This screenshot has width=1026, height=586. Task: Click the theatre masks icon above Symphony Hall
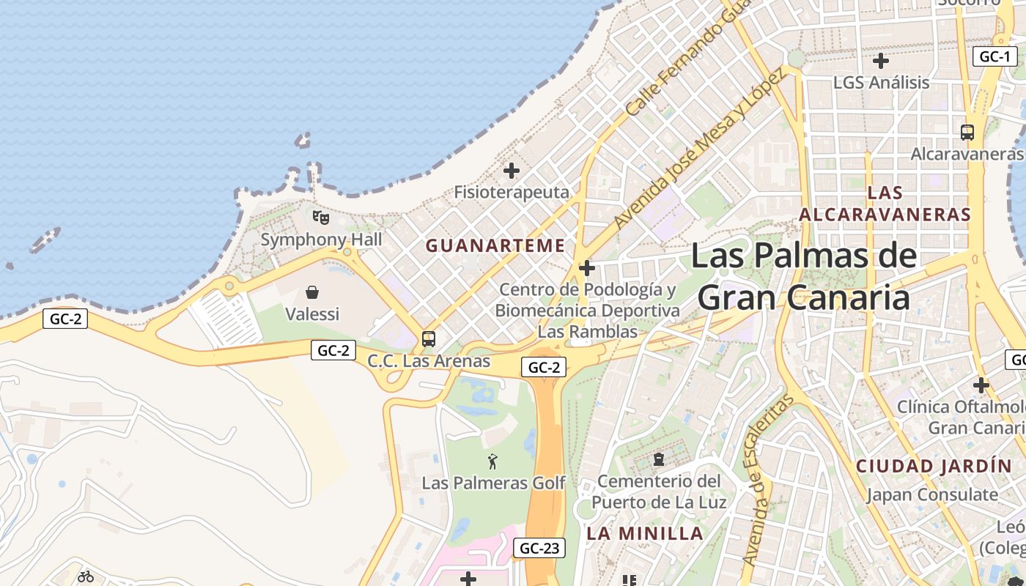[320, 217]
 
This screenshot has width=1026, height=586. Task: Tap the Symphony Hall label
[322, 240]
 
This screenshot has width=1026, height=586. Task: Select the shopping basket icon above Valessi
[312, 292]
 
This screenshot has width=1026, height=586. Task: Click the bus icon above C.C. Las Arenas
[429, 339]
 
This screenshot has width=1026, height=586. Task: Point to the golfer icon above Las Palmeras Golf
[493, 461]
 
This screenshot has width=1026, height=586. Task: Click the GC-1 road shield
[994, 56]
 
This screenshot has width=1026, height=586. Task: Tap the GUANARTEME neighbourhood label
[495, 246]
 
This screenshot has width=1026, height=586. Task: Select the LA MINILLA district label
[645, 533]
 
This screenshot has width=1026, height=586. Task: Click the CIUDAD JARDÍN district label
[934, 466]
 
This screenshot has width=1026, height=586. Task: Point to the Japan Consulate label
[932, 494]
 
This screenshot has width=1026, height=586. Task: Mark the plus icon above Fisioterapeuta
[512, 171]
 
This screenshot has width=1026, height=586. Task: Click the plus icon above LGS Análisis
[881, 60]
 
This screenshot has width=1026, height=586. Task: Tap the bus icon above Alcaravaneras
[967, 133]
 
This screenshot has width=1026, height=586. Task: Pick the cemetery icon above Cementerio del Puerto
[659, 459]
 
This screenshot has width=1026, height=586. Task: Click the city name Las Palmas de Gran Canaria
[804, 277]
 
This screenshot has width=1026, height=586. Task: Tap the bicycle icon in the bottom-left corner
[86, 576]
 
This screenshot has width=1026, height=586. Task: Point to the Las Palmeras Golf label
[493, 483]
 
